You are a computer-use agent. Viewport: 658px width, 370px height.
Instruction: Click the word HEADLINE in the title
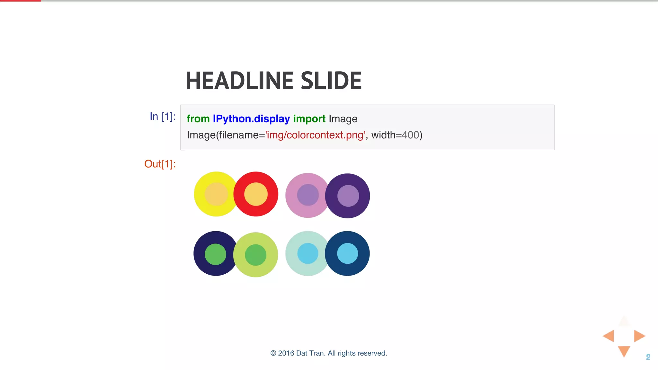pos(239,81)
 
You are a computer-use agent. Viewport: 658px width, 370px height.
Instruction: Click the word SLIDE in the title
pos(331,81)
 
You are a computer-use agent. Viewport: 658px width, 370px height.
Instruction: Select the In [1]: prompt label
pos(163,116)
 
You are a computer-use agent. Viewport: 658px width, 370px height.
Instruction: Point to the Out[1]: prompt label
pos(160,164)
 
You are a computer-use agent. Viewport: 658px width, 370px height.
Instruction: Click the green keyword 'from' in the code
pos(198,119)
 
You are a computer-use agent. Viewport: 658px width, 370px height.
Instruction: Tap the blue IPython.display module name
pos(251,119)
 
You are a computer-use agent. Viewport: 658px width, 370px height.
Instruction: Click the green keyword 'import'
pos(309,119)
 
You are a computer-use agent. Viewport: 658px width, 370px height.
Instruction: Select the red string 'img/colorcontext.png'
pos(315,135)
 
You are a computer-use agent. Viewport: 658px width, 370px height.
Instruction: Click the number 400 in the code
pos(411,135)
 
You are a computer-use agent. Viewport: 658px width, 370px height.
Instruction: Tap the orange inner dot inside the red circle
pos(256,194)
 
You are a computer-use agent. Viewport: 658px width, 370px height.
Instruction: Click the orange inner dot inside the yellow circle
pos(216,194)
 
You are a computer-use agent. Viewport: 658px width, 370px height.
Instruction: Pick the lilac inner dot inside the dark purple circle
pos(348,196)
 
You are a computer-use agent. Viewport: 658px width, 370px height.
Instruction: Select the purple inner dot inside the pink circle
pos(308,195)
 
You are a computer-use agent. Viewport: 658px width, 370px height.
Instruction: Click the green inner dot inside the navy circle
pos(215,254)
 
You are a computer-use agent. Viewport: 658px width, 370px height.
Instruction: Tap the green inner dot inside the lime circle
pos(255,255)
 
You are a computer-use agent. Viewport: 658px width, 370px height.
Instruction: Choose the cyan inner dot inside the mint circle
pos(308,253)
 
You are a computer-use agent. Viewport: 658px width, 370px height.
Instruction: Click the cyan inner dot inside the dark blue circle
pos(347,253)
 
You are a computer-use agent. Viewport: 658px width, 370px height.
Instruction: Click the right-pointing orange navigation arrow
pos(639,336)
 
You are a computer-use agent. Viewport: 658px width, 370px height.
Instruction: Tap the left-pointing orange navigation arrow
pos(609,336)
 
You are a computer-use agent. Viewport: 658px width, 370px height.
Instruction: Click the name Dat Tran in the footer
pos(310,353)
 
